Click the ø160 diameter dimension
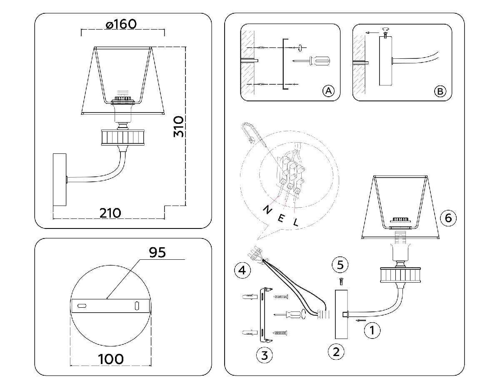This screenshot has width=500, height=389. (x=121, y=24)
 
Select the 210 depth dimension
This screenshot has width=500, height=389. (x=110, y=213)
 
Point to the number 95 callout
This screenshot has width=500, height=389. (x=157, y=252)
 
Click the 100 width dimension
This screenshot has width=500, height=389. (x=111, y=359)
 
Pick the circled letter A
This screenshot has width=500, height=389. (x=328, y=91)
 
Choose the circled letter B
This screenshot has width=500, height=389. (x=440, y=91)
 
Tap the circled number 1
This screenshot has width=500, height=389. (x=372, y=331)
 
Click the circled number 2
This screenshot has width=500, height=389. (x=336, y=351)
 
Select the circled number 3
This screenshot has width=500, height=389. (x=264, y=355)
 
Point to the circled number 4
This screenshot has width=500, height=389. (x=242, y=271)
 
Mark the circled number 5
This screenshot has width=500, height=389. (x=340, y=264)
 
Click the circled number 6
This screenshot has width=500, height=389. (x=448, y=217)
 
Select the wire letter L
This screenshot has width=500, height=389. (x=295, y=223)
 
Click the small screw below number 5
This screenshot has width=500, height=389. (x=341, y=282)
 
